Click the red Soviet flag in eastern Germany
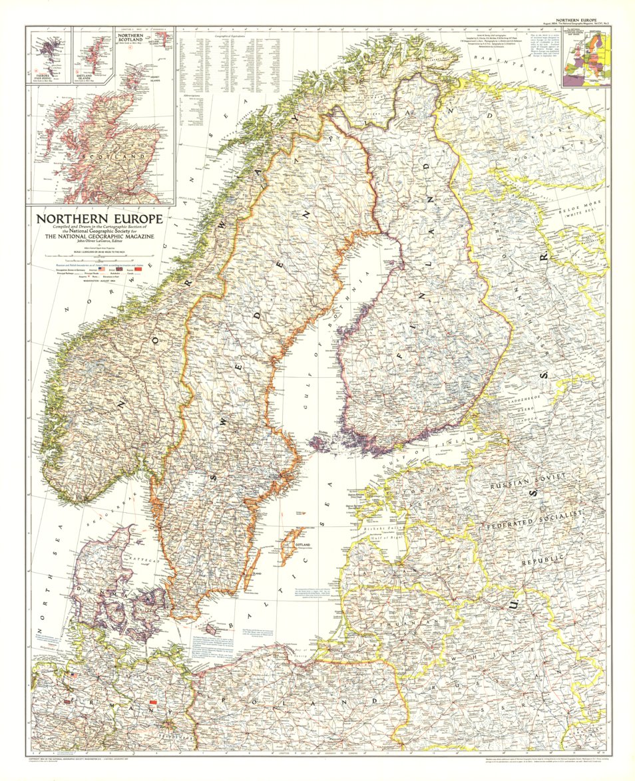pos(154,701)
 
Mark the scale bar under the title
pos(100,255)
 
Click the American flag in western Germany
pos(73,675)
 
